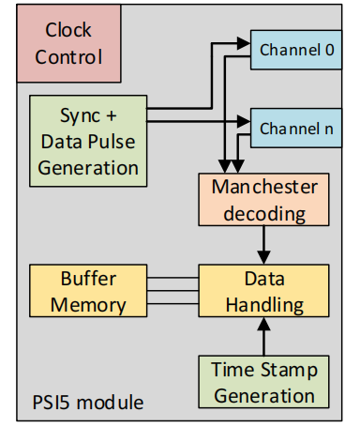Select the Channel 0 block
point(296,49)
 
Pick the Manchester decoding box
point(263,199)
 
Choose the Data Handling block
point(263,291)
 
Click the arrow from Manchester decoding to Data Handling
point(263,244)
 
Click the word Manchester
point(263,187)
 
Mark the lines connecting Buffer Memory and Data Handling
point(172,291)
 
